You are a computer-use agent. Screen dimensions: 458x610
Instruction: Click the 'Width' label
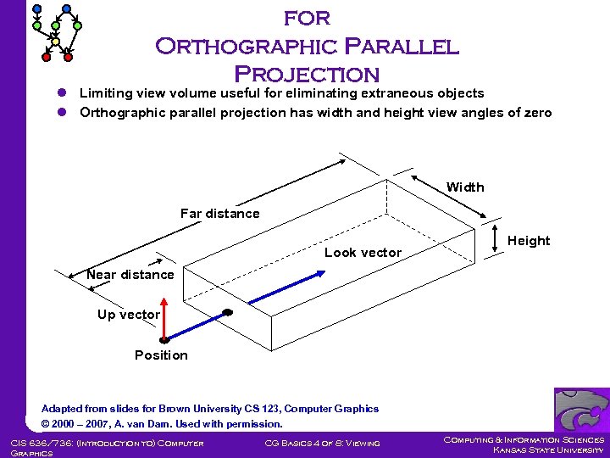[x=465, y=187]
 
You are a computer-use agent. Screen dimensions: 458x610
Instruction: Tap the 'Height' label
[x=529, y=241]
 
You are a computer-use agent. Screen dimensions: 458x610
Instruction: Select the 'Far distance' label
[x=219, y=214]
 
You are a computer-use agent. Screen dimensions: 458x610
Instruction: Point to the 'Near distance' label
[x=130, y=275]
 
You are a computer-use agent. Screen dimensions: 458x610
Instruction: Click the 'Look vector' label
[x=363, y=253]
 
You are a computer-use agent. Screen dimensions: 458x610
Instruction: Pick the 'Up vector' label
[x=129, y=315]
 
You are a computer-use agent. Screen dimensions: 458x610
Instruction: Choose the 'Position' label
[x=161, y=355]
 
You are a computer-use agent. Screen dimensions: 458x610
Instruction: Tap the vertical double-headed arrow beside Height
[x=495, y=241]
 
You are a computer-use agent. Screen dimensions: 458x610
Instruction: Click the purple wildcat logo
[x=581, y=410]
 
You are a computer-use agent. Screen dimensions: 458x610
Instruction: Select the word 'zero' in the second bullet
[x=537, y=113]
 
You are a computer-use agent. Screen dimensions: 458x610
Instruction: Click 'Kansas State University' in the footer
[x=548, y=450]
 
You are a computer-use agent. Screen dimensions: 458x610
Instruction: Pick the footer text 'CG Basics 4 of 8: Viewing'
[x=322, y=443]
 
